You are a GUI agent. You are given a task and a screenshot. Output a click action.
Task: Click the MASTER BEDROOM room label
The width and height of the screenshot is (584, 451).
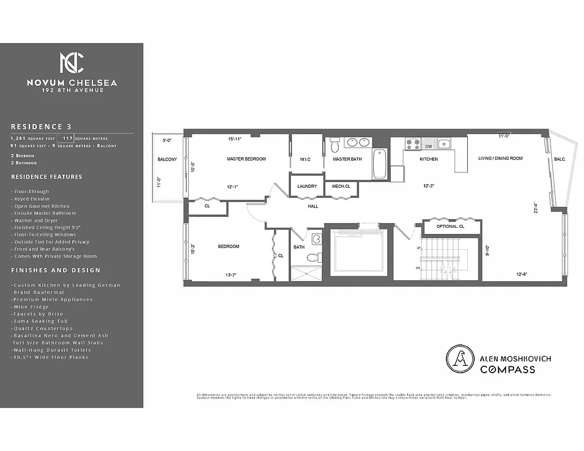coord(246,159)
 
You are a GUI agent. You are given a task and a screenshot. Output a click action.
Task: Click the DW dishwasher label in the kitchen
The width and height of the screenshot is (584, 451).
coord(428,147)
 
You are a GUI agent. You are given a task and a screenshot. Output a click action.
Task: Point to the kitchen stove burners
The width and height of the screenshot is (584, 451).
coord(412,143)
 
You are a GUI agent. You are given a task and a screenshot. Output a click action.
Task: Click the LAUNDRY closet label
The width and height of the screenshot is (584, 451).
coord(307,186)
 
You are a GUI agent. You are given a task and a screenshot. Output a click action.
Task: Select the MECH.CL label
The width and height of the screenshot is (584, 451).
coord(340,186)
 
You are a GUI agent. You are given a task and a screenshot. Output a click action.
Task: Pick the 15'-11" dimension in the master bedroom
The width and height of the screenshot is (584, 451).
coord(235,138)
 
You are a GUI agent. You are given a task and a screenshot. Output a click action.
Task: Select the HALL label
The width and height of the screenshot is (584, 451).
coord(313,206)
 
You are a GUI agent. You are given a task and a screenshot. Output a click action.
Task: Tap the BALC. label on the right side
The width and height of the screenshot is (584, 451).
coord(560,159)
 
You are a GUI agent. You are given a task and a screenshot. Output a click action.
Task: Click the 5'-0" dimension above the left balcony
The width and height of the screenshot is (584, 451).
coord(167,140)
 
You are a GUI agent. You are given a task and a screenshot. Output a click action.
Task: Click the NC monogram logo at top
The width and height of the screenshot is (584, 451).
coord(72,63)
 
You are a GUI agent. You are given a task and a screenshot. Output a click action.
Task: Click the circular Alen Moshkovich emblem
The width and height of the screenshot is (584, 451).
coord(459,359)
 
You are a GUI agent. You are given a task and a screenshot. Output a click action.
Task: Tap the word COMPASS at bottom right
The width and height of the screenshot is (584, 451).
coord(507,370)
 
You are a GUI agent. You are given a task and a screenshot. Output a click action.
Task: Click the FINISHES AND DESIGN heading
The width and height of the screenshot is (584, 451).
coord(55,271)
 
